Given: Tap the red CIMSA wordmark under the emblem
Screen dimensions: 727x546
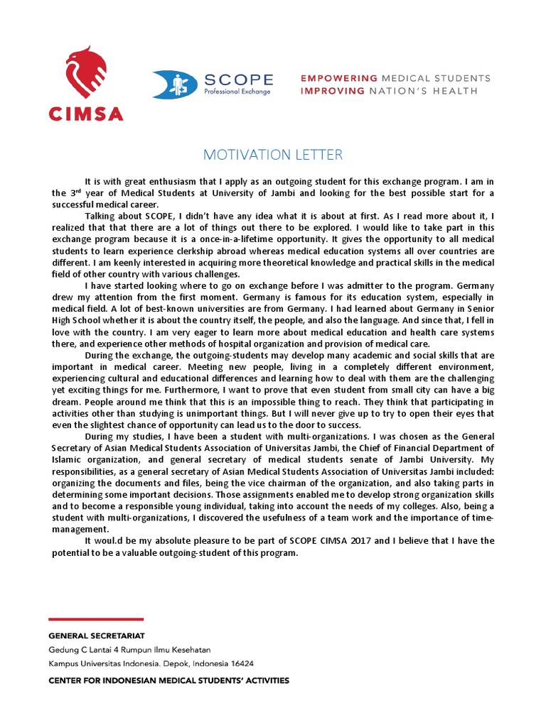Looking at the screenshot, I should [85, 113].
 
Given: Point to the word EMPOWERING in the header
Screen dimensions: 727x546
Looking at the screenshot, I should [339, 77].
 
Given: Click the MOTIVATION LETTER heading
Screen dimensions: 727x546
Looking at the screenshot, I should [273, 155].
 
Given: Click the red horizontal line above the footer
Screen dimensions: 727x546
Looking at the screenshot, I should [96, 619].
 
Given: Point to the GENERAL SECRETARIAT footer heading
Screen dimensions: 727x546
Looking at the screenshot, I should [100, 636].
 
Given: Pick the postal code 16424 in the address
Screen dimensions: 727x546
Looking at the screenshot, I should [240, 664].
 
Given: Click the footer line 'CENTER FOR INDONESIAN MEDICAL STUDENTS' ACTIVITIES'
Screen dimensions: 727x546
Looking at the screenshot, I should [168, 680].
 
